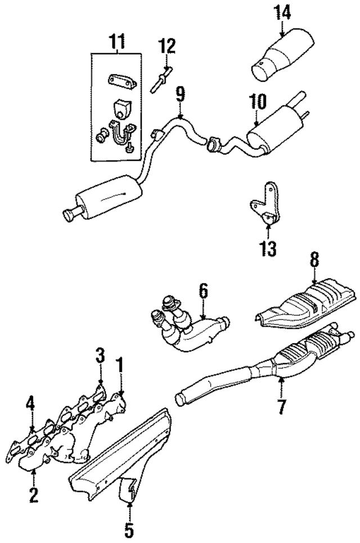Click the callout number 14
click(x=282, y=12)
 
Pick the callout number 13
click(x=268, y=248)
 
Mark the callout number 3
click(x=100, y=356)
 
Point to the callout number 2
click(x=33, y=495)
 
